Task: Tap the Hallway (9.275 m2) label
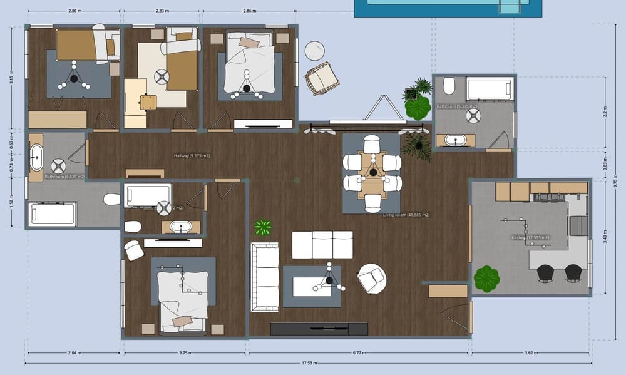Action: pyautogui.click(x=191, y=155)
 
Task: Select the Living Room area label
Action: pyautogui.click(x=406, y=215)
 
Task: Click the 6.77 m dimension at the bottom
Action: pyautogui.click(x=359, y=352)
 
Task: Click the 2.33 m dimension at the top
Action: pyautogui.click(x=162, y=11)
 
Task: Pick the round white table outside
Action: pyautogui.click(x=315, y=50)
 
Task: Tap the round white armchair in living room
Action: pyautogui.click(x=372, y=277)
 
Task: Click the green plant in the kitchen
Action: pyautogui.click(x=486, y=279)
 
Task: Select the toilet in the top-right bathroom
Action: pyautogui.click(x=449, y=85)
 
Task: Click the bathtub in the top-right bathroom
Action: pyautogui.click(x=489, y=89)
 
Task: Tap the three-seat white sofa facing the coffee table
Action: pyautogui.click(x=323, y=245)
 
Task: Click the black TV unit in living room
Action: pyautogui.click(x=319, y=329)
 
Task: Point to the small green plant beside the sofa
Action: pyautogui.click(x=264, y=227)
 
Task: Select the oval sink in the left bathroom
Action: pyautogui.click(x=36, y=157)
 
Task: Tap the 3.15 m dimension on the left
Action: pyautogui.click(x=11, y=80)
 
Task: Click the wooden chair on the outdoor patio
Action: pyautogui.click(x=321, y=78)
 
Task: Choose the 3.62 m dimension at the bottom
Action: pyautogui.click(x=530, y=352)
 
